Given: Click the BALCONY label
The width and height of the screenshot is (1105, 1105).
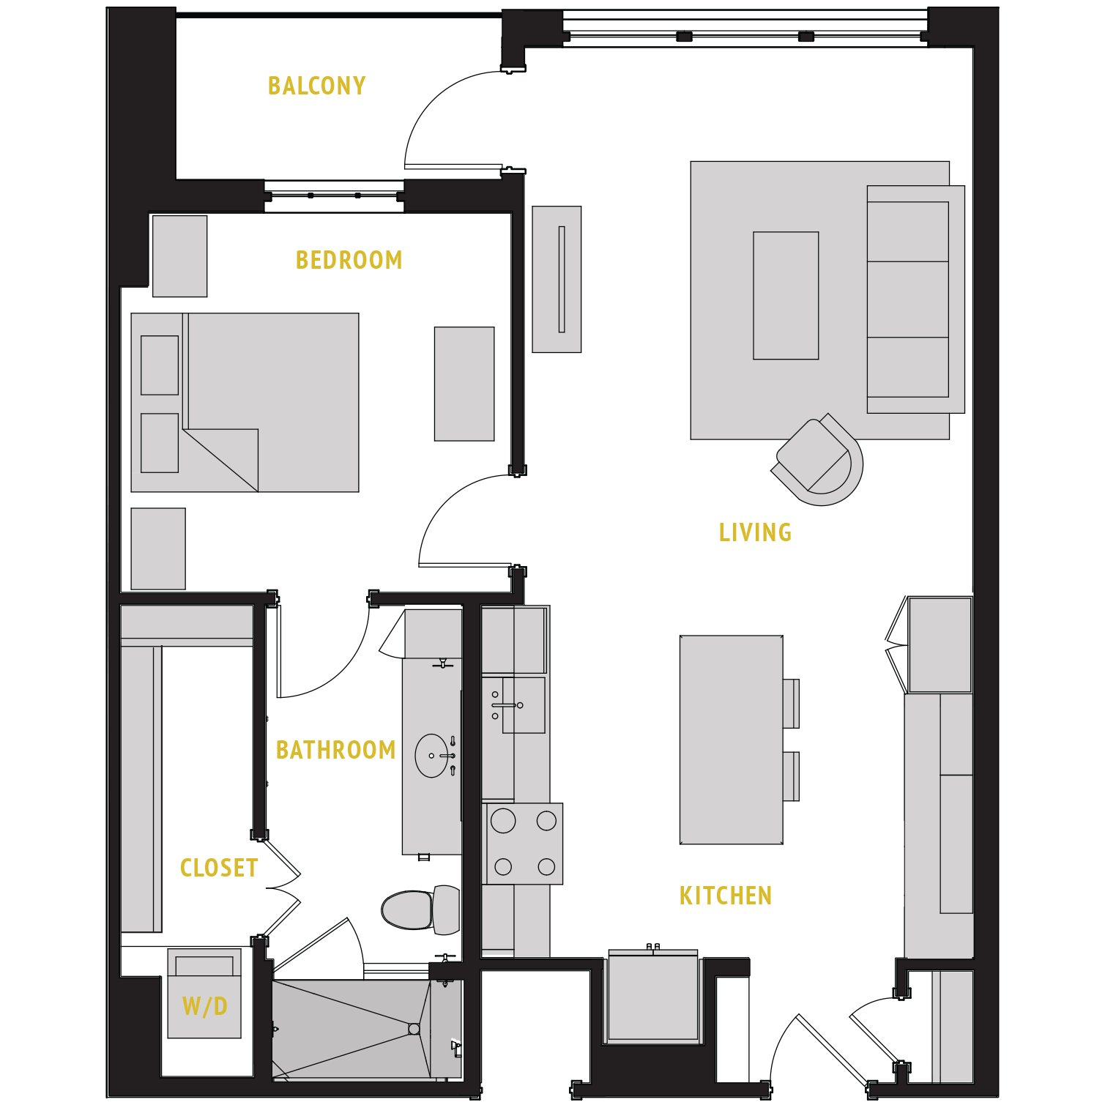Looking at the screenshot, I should point(316,86).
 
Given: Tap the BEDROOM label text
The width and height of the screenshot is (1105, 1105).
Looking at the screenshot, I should point(349,260).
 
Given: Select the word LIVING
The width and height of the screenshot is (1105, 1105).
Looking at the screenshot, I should point(755,532).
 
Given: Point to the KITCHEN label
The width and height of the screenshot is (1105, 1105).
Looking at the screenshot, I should point(725,896).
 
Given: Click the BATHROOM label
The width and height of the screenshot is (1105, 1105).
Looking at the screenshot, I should point(335,750).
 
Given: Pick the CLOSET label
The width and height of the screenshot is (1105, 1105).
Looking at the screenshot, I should point(218,868).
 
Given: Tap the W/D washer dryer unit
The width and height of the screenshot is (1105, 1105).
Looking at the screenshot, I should point(204,994).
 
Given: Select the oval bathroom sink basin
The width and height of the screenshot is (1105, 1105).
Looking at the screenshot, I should point(431,756).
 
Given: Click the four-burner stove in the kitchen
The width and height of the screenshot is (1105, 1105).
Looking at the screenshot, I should point(524,844).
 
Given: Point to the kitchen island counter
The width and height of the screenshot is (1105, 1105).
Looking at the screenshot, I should point(731,740).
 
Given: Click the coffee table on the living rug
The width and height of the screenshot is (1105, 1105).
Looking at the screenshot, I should point(786,296).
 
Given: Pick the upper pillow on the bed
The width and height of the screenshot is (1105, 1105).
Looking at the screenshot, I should point(160,365).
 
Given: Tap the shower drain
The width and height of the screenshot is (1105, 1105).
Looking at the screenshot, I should point(414,1029).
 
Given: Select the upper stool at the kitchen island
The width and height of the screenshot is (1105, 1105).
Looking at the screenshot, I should point(791,704).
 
